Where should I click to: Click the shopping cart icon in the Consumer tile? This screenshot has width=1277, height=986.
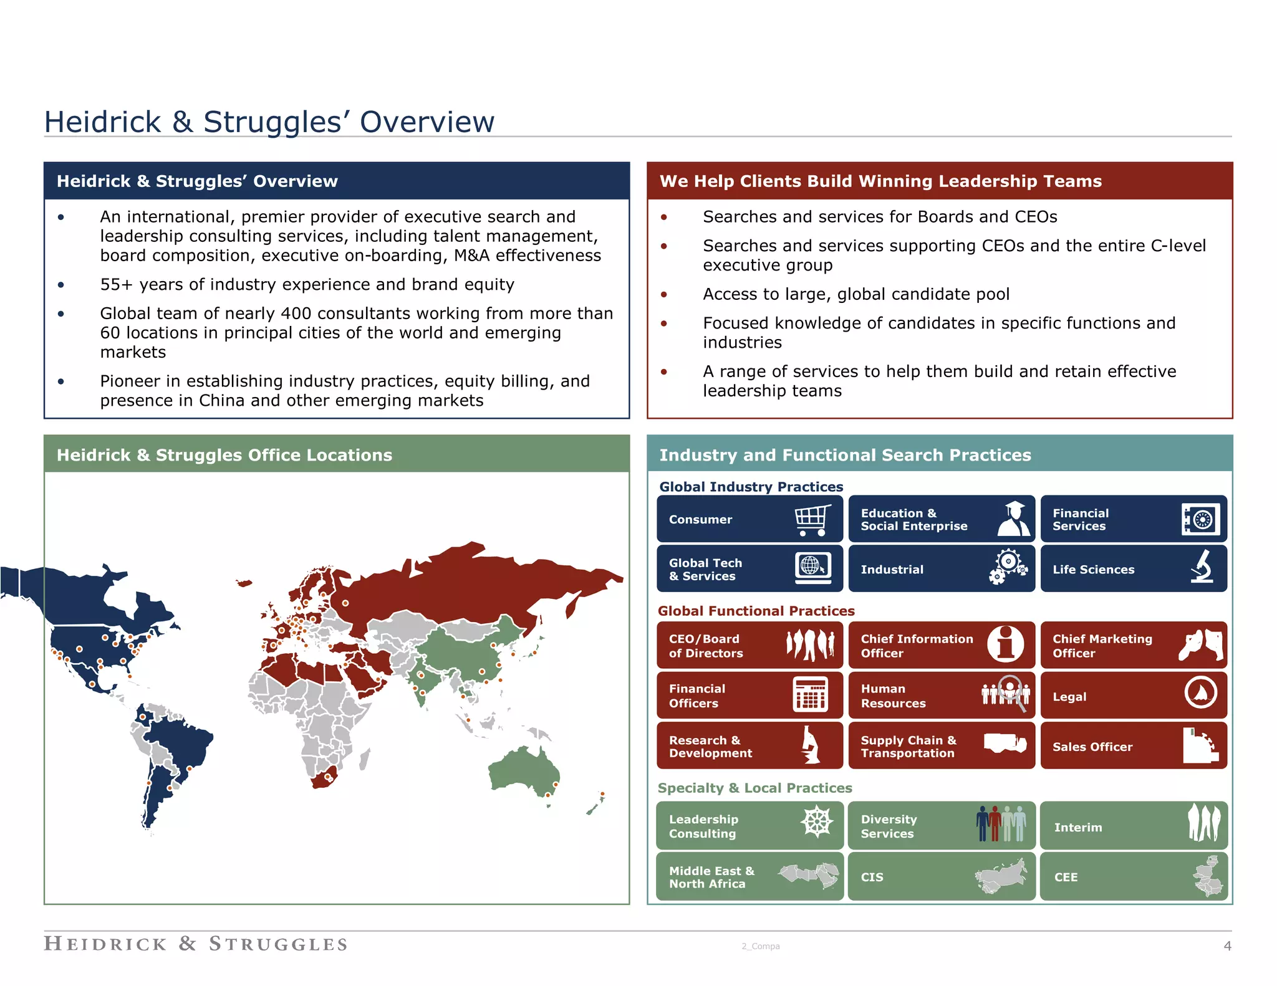[812, 520]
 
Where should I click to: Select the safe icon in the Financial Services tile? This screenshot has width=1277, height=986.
[1200, 519]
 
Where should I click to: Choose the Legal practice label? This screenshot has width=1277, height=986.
[1069, 697]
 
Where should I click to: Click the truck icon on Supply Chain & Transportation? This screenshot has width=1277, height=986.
[1005, 743]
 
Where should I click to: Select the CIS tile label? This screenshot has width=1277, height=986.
[872, 877]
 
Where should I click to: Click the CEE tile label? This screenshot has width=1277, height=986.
[1066, 877]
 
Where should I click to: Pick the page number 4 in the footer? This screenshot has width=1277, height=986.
[1227, 946]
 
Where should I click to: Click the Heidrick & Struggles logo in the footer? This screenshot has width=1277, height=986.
[196, 944]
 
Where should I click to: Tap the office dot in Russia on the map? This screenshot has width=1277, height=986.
[345, 603]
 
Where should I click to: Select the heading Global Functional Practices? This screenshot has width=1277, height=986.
[756, 611]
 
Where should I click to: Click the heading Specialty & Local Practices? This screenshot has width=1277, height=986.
[754, 788]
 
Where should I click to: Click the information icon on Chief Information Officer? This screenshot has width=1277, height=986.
[1005, 644]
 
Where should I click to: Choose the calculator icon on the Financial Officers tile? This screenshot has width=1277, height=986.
[810, 694]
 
